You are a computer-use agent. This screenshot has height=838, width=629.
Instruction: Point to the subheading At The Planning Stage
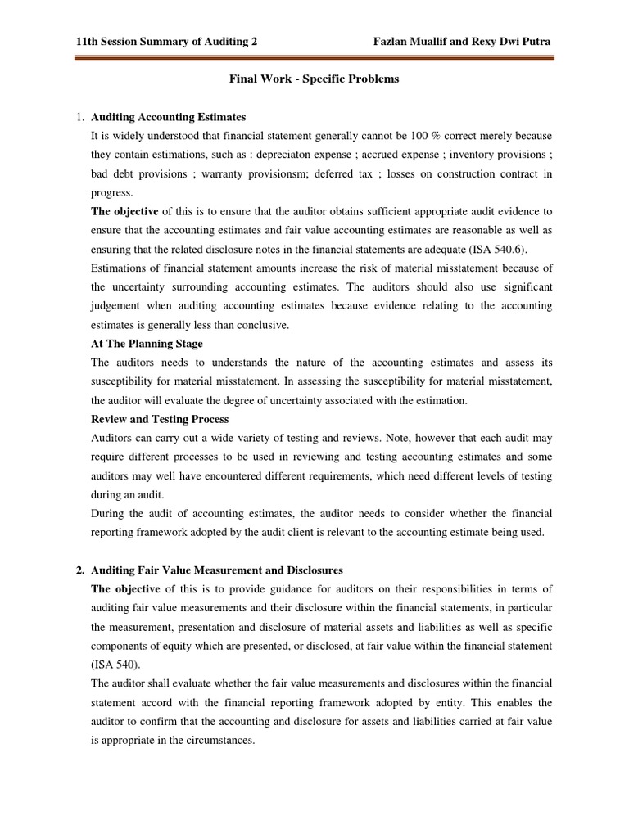coord(147,344)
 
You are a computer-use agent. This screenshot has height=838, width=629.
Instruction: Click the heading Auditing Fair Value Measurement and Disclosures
coord(217,570)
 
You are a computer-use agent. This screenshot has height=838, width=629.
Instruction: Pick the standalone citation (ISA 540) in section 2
coord(116,665)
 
